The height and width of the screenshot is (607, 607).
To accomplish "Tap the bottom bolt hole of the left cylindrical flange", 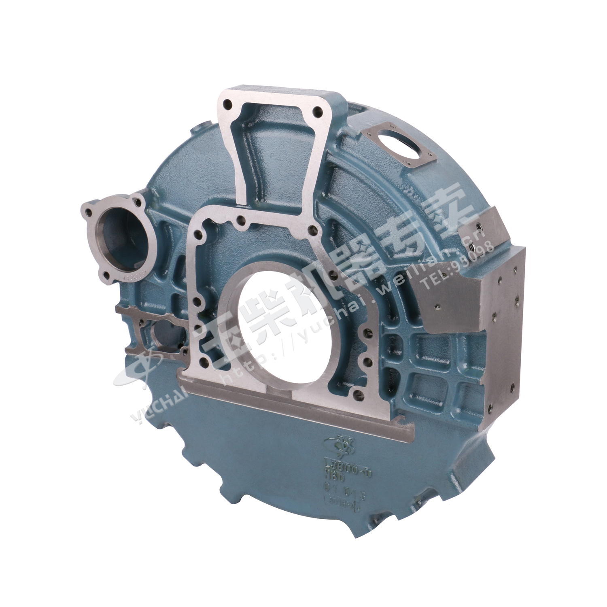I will [x=106, y=275].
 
